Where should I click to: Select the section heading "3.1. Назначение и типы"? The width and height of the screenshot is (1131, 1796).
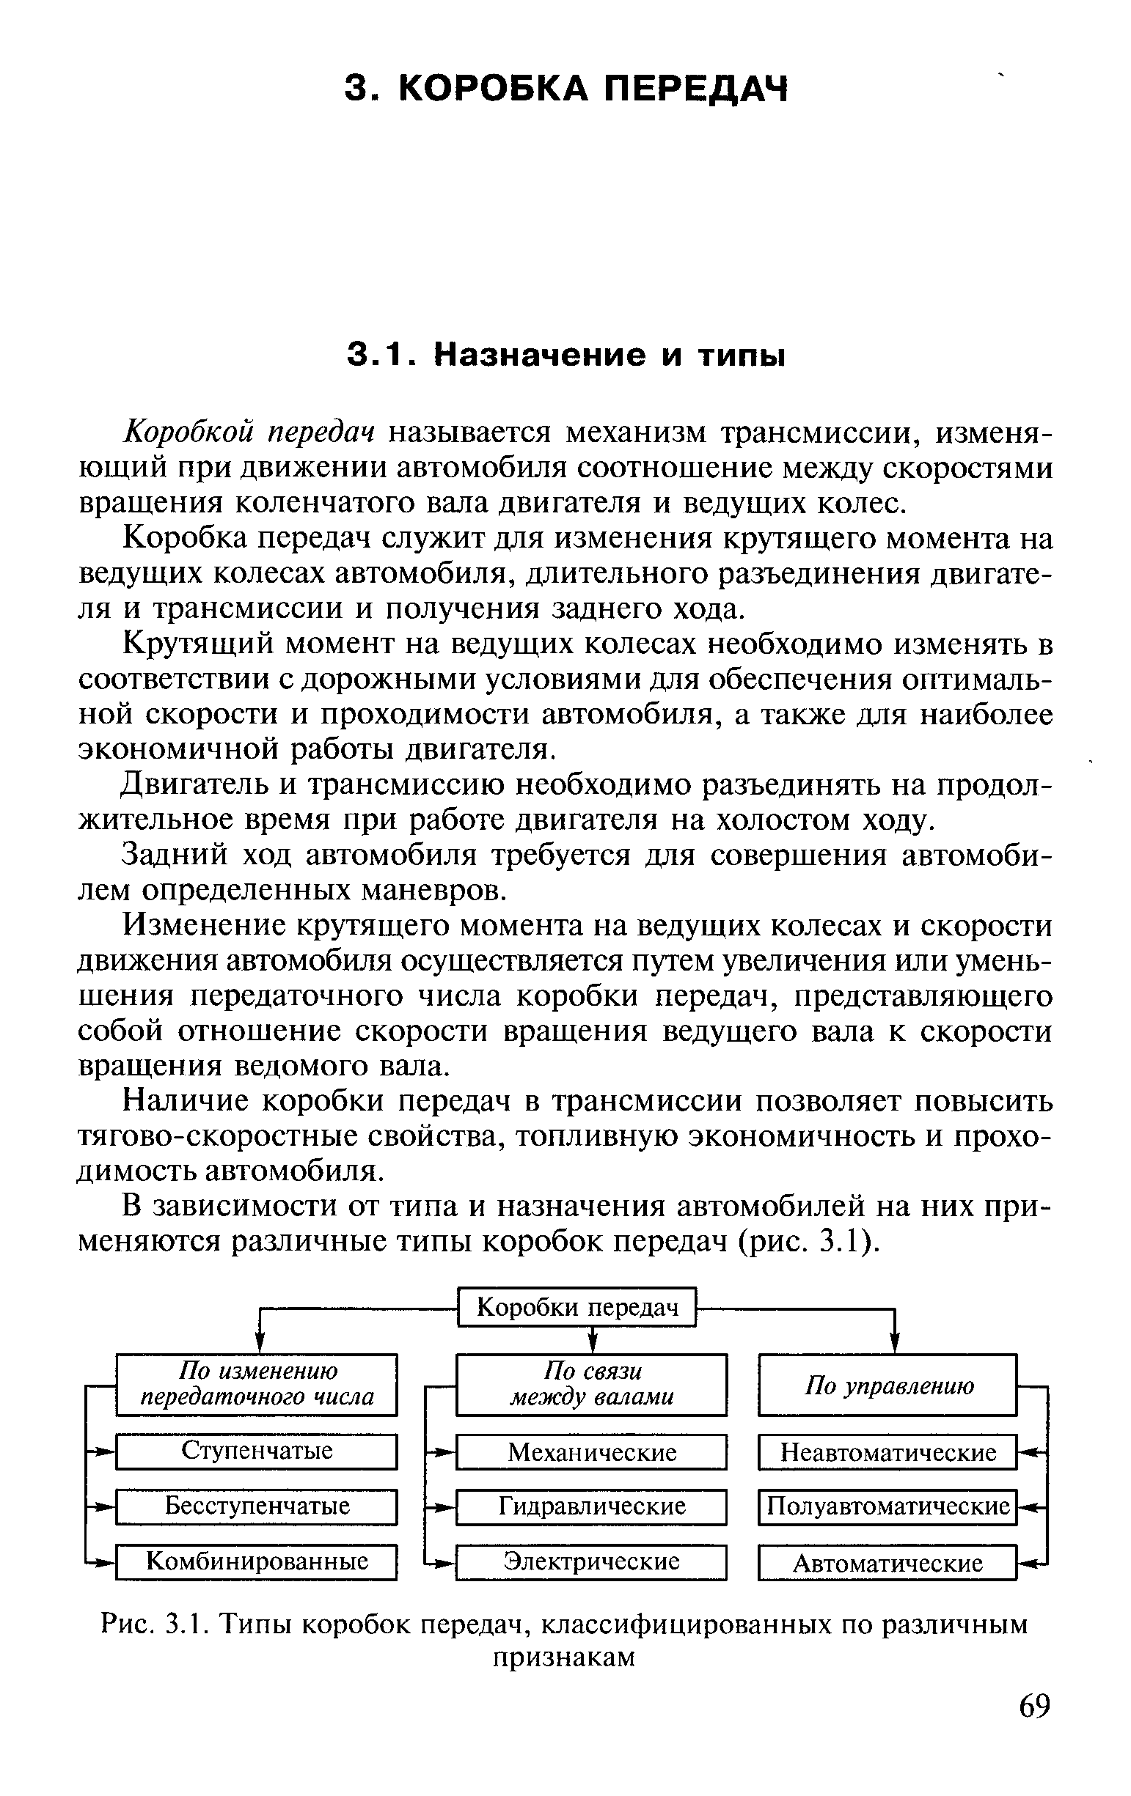point(565,355)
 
